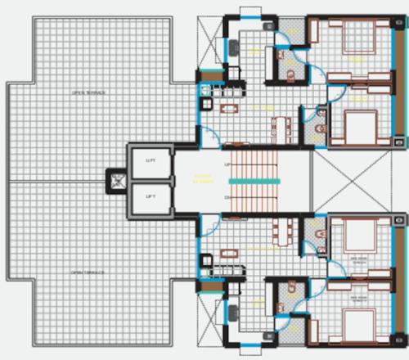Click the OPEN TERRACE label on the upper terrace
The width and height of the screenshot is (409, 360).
click(89, 93)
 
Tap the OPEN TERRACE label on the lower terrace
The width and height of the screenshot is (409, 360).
click(89, 272)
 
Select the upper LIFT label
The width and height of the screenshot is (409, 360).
click(151, 161)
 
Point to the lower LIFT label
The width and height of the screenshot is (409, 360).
click(151, 196)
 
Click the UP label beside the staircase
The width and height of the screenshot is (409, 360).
click(227, 164)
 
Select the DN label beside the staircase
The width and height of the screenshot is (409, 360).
click(227, 197)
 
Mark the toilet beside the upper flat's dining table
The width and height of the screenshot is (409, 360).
click(319, 129)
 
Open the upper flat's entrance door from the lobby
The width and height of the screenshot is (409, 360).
click(209, 139)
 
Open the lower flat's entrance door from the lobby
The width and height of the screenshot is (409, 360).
click(209, 219)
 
